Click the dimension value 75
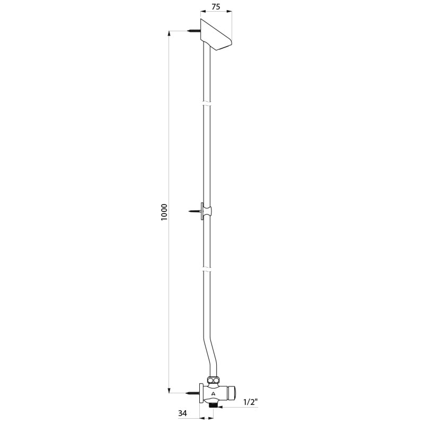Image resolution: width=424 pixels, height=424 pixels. coord(216,7)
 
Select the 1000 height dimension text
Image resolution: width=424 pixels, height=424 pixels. coord(164,212)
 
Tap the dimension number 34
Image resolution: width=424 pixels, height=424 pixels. coord(182,413)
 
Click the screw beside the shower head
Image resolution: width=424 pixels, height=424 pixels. coord(193,31)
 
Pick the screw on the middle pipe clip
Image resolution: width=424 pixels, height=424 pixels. coord(193,210)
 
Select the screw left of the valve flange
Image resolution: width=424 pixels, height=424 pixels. coord(193,392)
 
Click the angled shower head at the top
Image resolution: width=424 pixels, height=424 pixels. coord(216,34)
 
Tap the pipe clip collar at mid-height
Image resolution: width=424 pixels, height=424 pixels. coord(207,211)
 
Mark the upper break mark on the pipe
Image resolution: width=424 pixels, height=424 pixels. coord(207,103)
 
